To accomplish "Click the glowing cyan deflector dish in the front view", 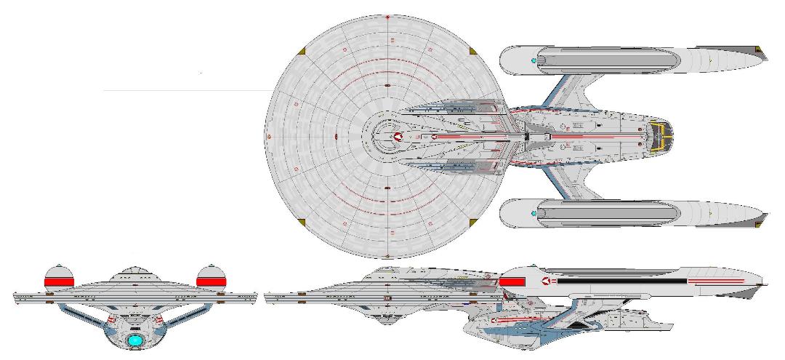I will (x=134, y=339).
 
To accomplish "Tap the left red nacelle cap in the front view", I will (x=60, y=279).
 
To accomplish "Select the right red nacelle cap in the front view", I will (x=211, y=279).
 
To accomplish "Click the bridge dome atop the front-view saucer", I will (x=135, y=271).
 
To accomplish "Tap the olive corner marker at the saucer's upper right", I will (x=474, y=51).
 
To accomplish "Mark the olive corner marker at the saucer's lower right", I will (x=474, y=220).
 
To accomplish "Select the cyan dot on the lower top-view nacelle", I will (x=535, y=213).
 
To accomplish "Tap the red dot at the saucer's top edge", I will (x=387, y=16).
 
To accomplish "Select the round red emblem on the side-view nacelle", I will (x=544, y=279).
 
